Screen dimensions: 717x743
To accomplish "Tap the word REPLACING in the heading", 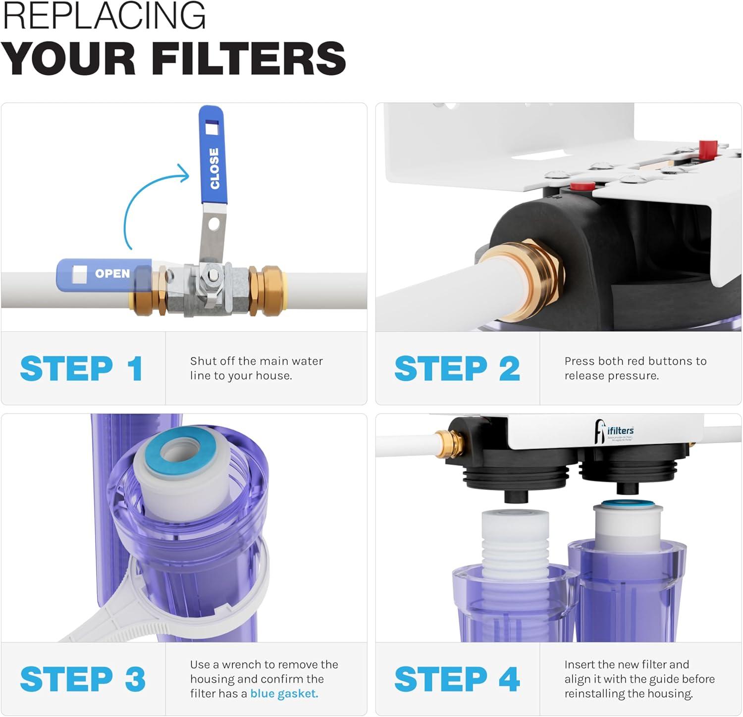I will click(x=104, y=16).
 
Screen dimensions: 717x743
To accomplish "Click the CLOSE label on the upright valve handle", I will click(x=214, y=168).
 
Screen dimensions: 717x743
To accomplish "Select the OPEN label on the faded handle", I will click(x=112, y=273).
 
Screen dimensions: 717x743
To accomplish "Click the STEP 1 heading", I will click(x=82, y=368).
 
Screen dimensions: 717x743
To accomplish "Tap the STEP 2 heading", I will click(x=457, y=368).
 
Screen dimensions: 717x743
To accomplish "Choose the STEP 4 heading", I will click(x=457, y=679).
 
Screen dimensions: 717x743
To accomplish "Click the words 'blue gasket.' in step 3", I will click(x=284, y=694).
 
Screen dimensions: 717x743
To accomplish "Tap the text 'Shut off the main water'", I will click(x=256, y=361).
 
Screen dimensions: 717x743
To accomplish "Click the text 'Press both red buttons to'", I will click(x=635, y=361).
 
